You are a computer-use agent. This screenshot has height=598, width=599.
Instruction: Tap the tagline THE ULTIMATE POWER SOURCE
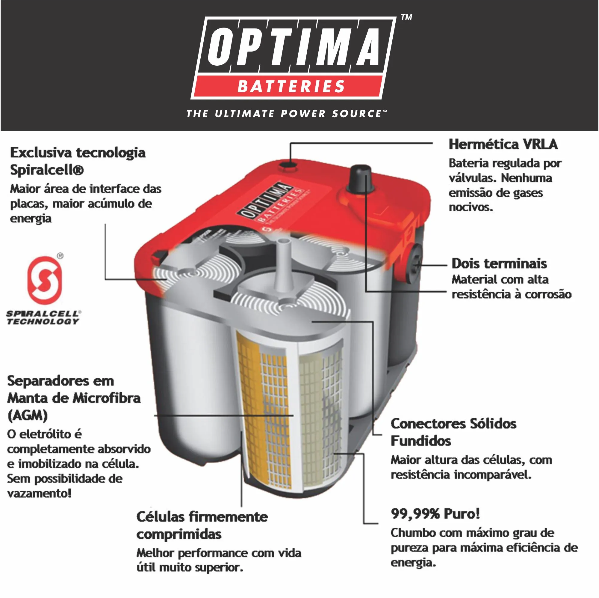point(286,114)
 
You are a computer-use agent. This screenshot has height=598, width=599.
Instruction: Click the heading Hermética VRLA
point(503,144)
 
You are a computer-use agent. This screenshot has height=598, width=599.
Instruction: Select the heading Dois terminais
point(499,263)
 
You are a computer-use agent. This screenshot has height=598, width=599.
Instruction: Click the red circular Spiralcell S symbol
point(45,279)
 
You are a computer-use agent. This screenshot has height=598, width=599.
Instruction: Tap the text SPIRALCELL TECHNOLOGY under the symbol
point(43,317)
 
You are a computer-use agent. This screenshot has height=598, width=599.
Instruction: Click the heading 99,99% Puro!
point(435,513)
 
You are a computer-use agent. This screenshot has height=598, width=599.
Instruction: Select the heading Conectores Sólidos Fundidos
point(453,432)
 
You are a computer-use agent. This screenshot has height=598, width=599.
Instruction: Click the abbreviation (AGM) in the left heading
point(27,415)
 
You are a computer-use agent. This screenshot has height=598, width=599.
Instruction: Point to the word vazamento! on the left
point(39,493)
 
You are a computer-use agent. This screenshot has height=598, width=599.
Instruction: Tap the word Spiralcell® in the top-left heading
point(47,170)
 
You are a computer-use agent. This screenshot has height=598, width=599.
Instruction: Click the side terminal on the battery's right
point(415,264)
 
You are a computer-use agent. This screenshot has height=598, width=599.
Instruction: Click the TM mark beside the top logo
point(406,17)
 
